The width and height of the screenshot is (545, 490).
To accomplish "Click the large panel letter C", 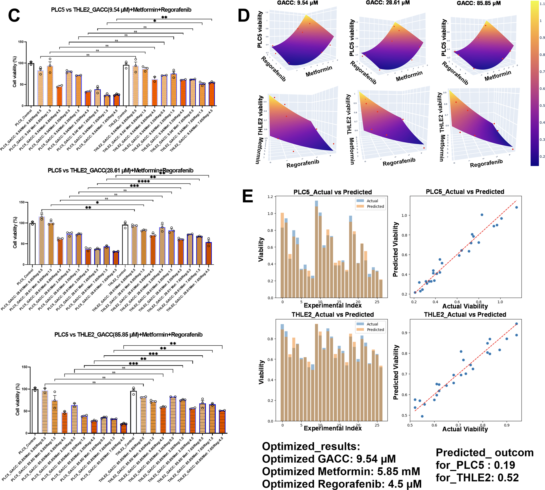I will (x=14, y=16).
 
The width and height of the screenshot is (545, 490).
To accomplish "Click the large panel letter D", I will (x=244, y=16).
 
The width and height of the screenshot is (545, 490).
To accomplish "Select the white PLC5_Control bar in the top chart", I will (x=31, y=84).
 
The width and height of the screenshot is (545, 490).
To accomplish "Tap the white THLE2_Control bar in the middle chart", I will (x=125, y=244).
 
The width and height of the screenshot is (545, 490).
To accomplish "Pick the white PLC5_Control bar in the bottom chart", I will (x=35, y=411).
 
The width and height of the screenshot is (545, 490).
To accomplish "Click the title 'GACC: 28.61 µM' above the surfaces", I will (x=388, y=3).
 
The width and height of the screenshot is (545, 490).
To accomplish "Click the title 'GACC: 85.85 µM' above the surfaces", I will (x=478, y=3).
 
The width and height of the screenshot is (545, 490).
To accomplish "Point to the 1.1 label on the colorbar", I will (x=542, y=4).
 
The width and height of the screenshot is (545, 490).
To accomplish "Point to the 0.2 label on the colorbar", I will (x=542, y=157).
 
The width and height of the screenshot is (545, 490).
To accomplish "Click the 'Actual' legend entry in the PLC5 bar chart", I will (x=372, y=201).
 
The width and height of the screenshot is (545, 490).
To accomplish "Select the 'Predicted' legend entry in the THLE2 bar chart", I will (x=375, y=330).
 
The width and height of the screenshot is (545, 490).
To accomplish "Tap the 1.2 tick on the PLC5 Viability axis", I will (x=270, y=197).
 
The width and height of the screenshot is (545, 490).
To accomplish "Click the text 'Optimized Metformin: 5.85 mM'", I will (x=341, y=472).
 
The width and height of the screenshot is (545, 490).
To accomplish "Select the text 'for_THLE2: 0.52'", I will (x=477, y=478).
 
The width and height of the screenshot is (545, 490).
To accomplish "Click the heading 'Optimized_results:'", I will (x=311, y=447).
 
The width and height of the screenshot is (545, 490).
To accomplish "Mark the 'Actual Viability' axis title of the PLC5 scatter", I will (x=465, y=306).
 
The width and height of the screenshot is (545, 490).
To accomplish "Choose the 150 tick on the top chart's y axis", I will (x=21, y=42).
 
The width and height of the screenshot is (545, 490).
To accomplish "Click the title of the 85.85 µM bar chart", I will (x=128, y=335).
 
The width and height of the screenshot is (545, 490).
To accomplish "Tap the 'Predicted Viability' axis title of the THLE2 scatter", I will (x=396, y=372).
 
